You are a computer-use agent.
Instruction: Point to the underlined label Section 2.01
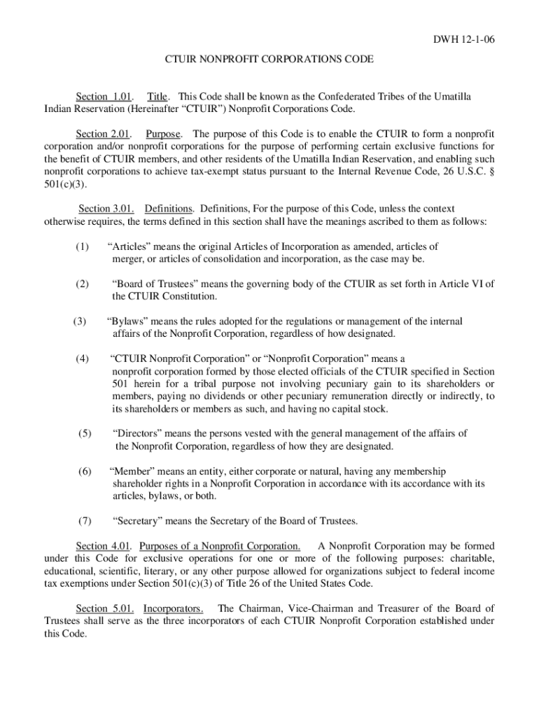[x=101, y=134]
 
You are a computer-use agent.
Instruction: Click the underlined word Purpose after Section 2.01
[x=163, y=134]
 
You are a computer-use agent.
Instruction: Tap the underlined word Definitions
[x=169, y=209]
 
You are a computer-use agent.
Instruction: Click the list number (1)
[x=82, y=246]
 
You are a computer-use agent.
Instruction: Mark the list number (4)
[x=82, y=359]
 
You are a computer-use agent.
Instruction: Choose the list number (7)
[x=84, y=520]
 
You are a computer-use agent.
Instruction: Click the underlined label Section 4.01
[x=104, y=545]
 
